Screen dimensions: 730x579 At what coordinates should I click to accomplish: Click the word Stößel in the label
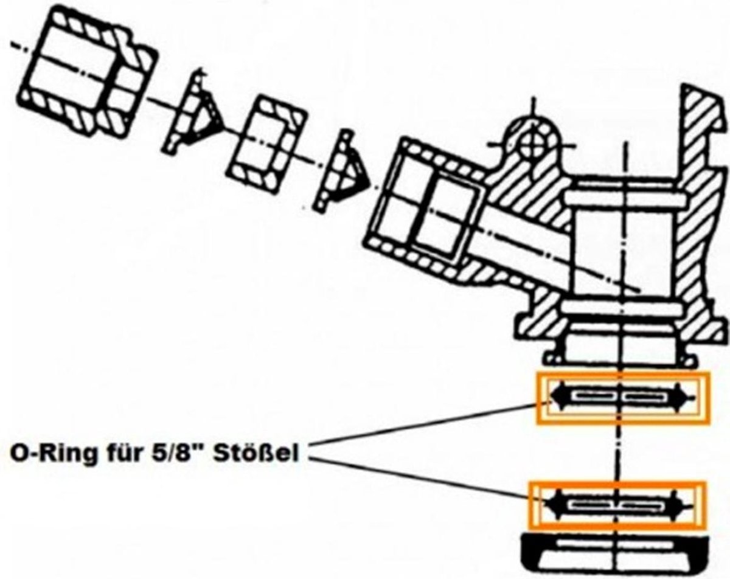click(x=255, y=453)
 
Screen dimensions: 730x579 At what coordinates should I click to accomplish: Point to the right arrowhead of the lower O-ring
click(x=676, y=505)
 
